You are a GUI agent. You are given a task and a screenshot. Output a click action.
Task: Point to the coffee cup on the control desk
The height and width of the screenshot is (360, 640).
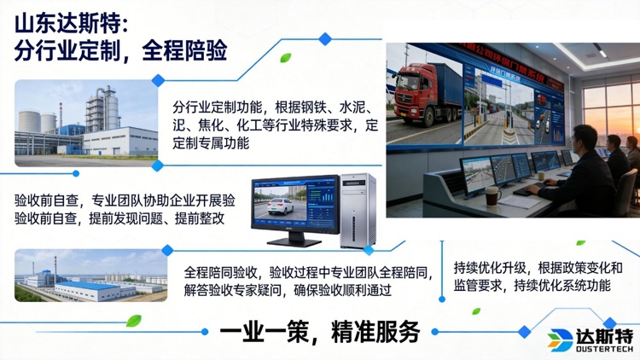pos(492,196)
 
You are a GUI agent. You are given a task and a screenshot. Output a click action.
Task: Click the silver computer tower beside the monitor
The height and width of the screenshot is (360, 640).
pos(357,210)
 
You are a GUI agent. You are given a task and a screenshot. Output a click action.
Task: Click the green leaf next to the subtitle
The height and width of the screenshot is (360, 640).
pos(286,58)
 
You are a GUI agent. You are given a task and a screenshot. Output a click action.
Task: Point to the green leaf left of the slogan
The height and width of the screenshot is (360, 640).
pos(134,321)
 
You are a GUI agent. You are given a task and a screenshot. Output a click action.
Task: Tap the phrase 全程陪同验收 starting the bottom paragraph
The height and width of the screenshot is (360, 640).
pos(221,272)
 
